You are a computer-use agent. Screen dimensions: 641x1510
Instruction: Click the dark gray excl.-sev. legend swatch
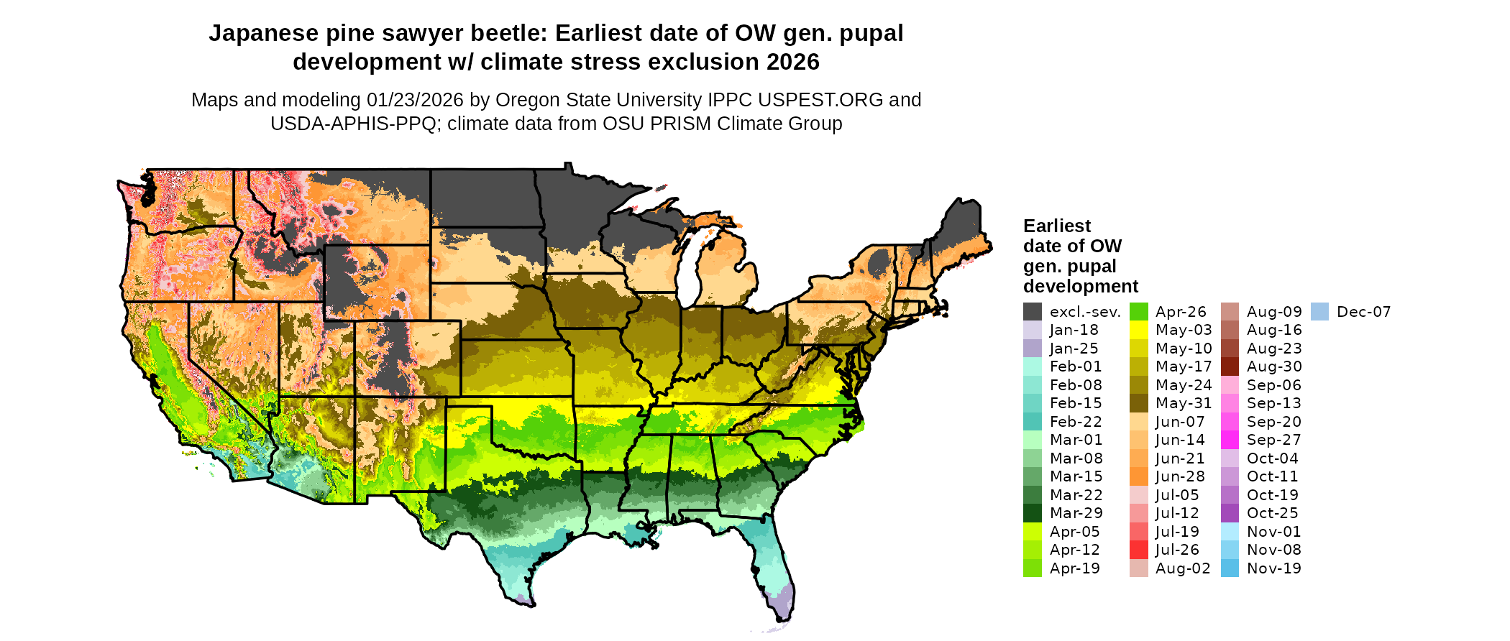tap(1032, 312)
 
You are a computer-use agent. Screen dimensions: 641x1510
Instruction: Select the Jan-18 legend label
tap(1074, 330)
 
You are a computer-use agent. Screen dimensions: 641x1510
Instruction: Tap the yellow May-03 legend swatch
tap(1139, 330)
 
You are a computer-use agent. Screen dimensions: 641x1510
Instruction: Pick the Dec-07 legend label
tap(1363, 312)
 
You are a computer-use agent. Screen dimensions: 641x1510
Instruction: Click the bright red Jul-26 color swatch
tap(1139, 550)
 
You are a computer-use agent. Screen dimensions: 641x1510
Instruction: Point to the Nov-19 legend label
tap(1273, 568)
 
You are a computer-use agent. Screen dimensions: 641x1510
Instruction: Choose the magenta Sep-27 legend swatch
tap(1230, 440)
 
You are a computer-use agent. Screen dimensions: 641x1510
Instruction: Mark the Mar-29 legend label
tap(1076, 513)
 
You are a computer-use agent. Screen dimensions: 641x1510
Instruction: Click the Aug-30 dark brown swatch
tap(1230, 366)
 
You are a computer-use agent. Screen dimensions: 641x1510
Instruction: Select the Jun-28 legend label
tap(1179, 476)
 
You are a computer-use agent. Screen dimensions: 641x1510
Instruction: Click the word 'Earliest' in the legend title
tap(1056, 226)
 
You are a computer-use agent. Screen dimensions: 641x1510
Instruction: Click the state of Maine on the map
tap(960, 230)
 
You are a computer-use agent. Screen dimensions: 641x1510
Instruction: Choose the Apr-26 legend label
tap(1181, 312)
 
